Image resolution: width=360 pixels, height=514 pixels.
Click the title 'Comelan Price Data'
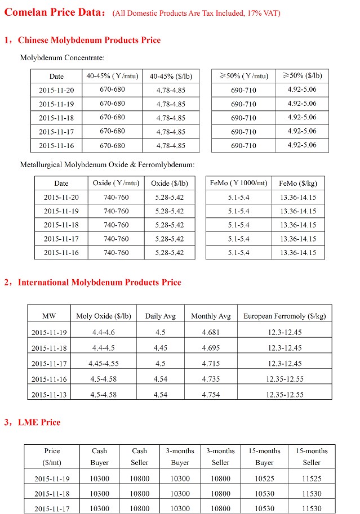[54, 12]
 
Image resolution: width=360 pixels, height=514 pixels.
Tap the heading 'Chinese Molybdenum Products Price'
[89, 40]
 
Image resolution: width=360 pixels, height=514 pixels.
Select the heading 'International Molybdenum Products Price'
[99, 282]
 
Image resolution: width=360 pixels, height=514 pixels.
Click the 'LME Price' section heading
[39, 422]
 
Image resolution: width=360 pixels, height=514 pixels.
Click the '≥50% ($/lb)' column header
[303, 75]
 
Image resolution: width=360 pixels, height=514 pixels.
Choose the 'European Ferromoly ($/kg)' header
[285, 316]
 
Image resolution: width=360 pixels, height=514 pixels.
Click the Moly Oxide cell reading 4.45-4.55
[104, 363]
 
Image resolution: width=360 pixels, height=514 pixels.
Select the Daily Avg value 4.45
[160, 347]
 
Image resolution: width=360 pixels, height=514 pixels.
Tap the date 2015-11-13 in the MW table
[49, 395]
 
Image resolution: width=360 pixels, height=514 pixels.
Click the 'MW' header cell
[49, 316]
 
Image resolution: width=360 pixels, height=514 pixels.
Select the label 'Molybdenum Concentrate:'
[62, 57]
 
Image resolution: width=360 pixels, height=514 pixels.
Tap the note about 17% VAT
[196, 13]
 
